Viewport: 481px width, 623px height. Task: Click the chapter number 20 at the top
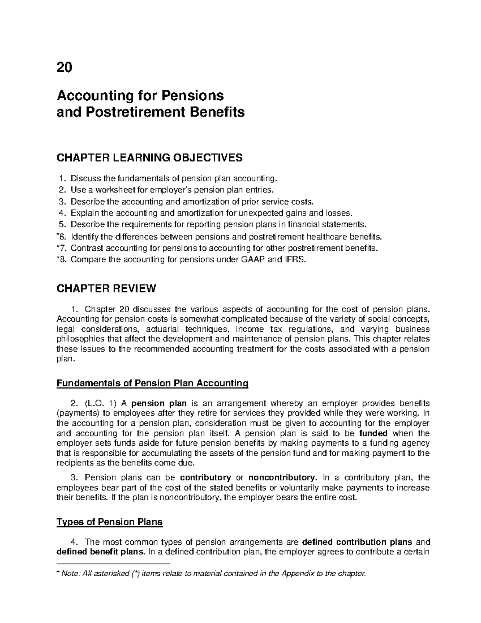click(65, 68)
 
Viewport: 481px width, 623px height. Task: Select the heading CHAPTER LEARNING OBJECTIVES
click(150, 158)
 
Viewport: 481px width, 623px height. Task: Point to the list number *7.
click(63, 248)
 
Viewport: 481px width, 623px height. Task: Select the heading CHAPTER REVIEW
click(106, 288)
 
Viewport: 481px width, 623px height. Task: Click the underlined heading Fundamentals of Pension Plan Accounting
click(153, 383)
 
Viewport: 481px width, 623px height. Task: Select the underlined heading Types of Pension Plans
click(110, 522)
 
